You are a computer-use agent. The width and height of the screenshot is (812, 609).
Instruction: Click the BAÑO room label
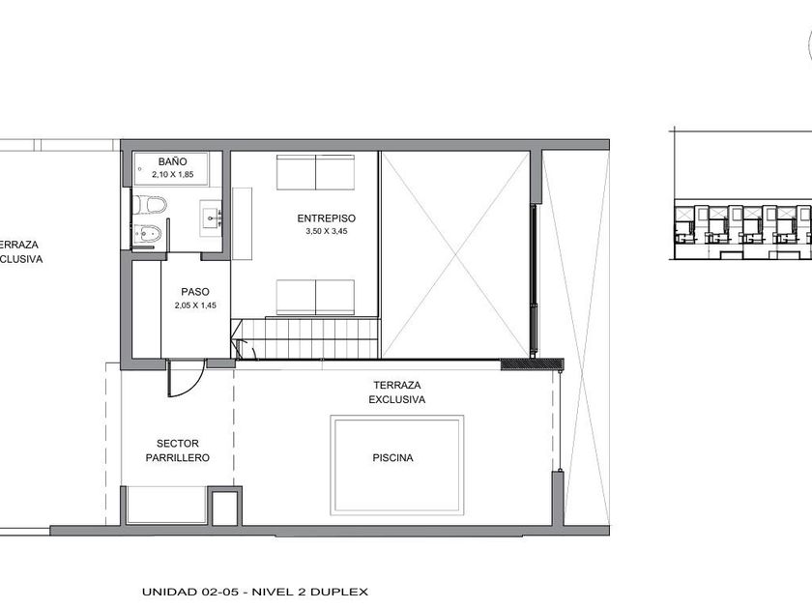pyautogui.click(x=172, y=162)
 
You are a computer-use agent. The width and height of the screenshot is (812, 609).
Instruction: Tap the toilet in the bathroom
pyautogui.click(x=150, y=205)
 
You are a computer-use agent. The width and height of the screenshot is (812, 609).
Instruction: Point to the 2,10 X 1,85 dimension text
pyautogui.click(x=172, y=175)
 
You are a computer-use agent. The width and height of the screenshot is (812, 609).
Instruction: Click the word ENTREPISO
pyautogui.click(x=327, y=218)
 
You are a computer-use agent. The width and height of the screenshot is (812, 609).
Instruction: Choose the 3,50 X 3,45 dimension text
pyautogui.click(x=327, y=231)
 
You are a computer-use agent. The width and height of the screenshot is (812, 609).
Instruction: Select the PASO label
pyautogui.click(x=195, y=292)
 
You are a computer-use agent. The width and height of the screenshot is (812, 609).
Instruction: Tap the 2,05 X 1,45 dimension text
pyautogui.click(x=195, y=305)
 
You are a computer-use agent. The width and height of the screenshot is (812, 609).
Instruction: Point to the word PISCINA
pyautogui.click(x=393, y=458)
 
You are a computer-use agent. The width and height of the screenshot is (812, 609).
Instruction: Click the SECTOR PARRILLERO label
pyautogui.click(x=178, y=450)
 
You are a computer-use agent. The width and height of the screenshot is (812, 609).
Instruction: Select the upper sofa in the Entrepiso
pyautogui.click(x=315, y=172)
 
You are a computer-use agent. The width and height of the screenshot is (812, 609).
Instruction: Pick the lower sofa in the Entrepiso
pyautogui.click(x=315, y=298)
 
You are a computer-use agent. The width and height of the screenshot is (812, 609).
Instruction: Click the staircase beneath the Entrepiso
pyautogui.click(x=306, y=337)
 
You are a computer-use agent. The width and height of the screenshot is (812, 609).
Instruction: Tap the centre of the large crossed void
pyautogui.click(x=455, y=254)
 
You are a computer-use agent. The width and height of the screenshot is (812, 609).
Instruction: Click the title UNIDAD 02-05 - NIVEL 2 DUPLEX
pyautogui.click(x=255, y=592)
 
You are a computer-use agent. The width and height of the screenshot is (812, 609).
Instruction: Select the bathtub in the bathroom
pyautogui.click(x=171, y=169)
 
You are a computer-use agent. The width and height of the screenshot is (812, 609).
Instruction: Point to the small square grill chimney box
pyautogui.click(x=224, y=506)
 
